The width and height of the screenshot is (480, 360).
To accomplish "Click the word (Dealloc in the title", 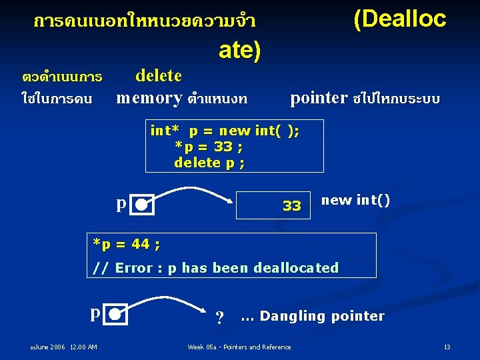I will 399,19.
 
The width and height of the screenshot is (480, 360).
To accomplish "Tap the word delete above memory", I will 159,75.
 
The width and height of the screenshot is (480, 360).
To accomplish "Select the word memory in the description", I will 149,98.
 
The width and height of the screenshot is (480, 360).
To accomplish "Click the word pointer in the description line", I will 319,98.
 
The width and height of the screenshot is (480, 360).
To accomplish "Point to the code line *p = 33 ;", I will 209,147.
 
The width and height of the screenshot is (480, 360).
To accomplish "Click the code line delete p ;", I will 209,162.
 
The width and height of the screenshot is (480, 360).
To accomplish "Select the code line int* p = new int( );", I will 225,131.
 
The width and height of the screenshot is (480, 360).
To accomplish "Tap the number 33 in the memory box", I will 291,206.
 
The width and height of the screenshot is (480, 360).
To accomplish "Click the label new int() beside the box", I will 355,200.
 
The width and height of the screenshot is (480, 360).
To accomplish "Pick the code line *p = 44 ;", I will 126,244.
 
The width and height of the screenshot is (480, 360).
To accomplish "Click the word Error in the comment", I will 136,268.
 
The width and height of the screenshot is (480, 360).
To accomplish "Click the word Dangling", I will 291,316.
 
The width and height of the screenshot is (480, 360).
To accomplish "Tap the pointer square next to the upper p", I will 143,205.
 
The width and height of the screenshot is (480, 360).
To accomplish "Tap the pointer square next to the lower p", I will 116,313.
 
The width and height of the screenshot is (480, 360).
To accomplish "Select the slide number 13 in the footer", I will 447,347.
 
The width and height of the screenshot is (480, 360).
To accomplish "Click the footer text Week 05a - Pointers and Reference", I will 239,347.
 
